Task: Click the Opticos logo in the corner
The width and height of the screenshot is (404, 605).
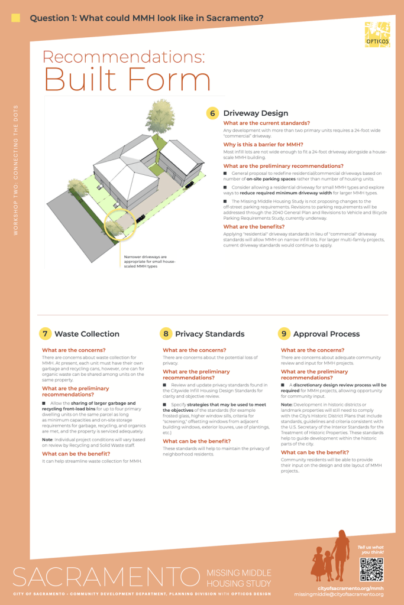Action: (377, 34)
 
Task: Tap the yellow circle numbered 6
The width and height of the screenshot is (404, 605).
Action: (212, 113)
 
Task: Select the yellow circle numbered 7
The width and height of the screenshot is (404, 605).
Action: (45, 334)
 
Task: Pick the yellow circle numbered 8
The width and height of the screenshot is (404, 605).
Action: (166, 334)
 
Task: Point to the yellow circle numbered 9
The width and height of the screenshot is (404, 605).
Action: (284, 334)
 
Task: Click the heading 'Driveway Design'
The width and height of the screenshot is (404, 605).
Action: (256, 113)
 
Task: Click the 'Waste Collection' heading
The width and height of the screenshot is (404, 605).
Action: (87, 334)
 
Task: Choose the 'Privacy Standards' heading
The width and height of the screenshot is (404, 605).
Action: (209, 334)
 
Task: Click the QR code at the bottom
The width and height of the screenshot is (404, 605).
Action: (371, 569)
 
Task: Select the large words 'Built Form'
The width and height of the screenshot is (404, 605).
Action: (127, 80)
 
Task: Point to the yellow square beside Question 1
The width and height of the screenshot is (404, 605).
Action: (16, 18)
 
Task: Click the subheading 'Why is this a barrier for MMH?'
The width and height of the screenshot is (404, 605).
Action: (263, 144)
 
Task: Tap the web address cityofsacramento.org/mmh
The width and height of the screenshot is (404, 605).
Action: (350, 588)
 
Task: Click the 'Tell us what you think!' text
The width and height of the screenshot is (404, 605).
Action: (370, 549)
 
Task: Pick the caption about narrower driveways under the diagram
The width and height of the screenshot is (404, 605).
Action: (145, 262)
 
